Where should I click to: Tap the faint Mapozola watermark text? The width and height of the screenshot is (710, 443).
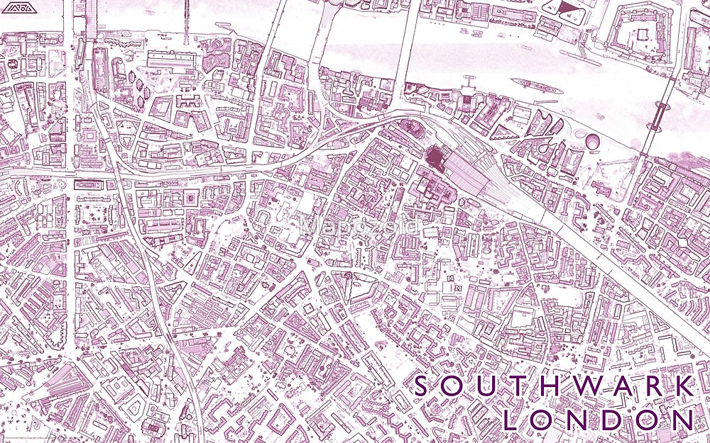pos(359,225)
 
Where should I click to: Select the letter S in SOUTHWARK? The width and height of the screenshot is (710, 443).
pos(422,387)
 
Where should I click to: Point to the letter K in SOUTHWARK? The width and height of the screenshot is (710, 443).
pos(685,387)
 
